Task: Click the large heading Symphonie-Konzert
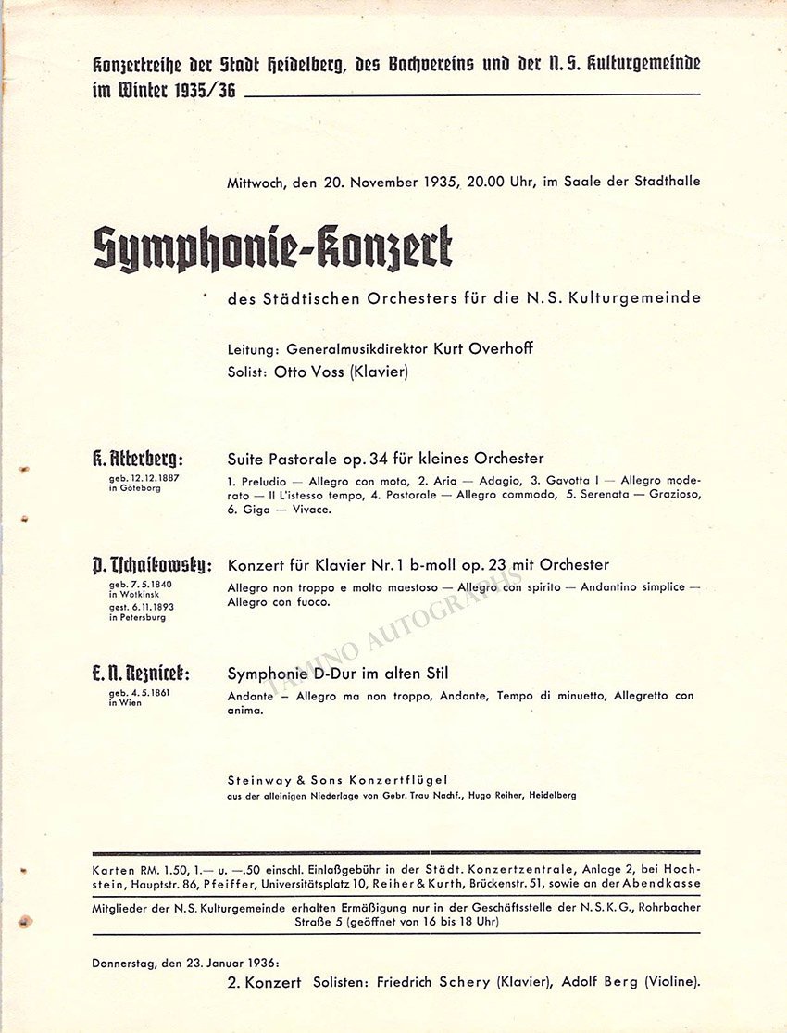(x=273, y=248)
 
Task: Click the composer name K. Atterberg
(x=138, y=459)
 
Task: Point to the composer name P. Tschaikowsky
(x=153, y=565)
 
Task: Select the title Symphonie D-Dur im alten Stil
(x=337, y=674)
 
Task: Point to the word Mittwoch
(x=256, y=182)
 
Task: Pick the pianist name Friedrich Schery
(x=433, y=982)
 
